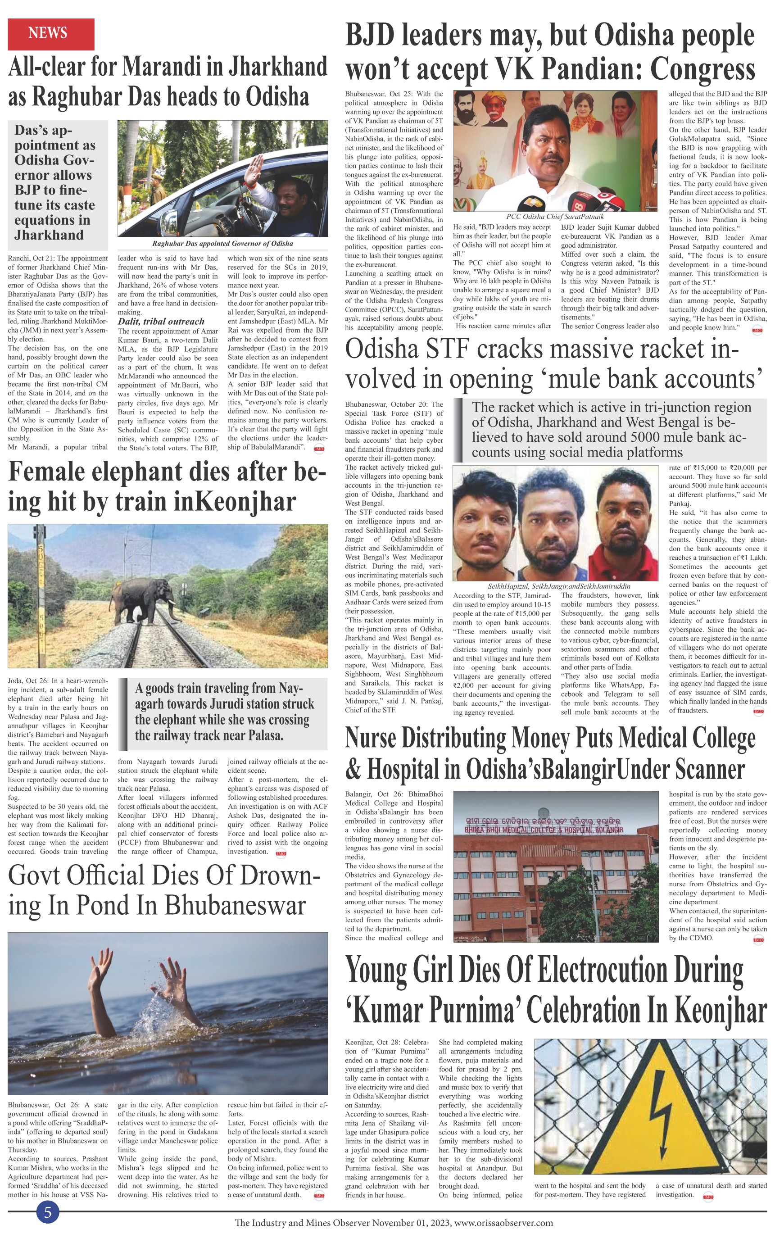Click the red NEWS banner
(x=51, y=34)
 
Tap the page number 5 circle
(x=48, y=1212)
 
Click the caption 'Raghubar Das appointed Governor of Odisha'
(x=222, y=244)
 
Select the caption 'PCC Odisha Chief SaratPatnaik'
(x=555, y=217)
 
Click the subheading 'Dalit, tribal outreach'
(x=154, y=321)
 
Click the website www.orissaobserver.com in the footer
(x=504, y=1223)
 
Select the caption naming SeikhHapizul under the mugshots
(x=559, y=586)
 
